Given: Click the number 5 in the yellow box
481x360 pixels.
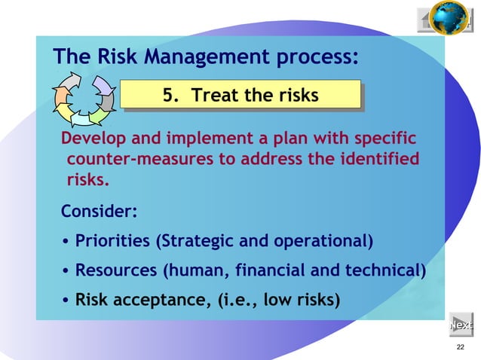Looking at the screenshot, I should (170, 96).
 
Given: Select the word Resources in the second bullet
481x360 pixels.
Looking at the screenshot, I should (114, 270).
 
